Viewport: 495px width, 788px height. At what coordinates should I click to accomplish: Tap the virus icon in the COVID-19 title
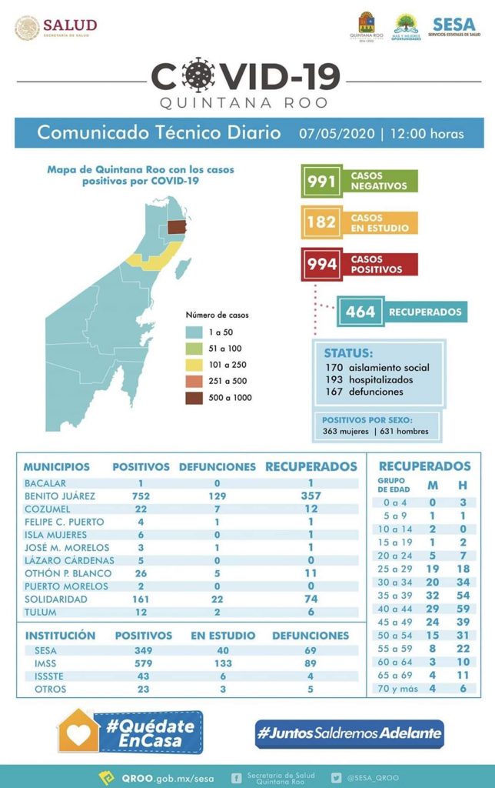[x=200, y=75]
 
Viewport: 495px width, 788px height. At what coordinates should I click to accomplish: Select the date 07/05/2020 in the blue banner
[x=334, y=133]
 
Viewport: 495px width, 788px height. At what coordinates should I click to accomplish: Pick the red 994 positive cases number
[x=321, y=265]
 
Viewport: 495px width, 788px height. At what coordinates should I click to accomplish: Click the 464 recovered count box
[x=360, y=312]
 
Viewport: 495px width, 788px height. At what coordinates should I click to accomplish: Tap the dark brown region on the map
[x=178, y=227]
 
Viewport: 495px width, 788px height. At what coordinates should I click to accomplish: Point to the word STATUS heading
[x=348, y=352]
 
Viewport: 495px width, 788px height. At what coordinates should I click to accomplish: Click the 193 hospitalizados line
[x=369, y=379]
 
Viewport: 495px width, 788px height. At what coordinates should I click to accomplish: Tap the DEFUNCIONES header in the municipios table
[x=218, y=467]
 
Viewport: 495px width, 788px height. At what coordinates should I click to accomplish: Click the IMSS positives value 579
[x=144, y=663]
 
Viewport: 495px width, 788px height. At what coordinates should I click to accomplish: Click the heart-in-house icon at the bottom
[x=78, y=732]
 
